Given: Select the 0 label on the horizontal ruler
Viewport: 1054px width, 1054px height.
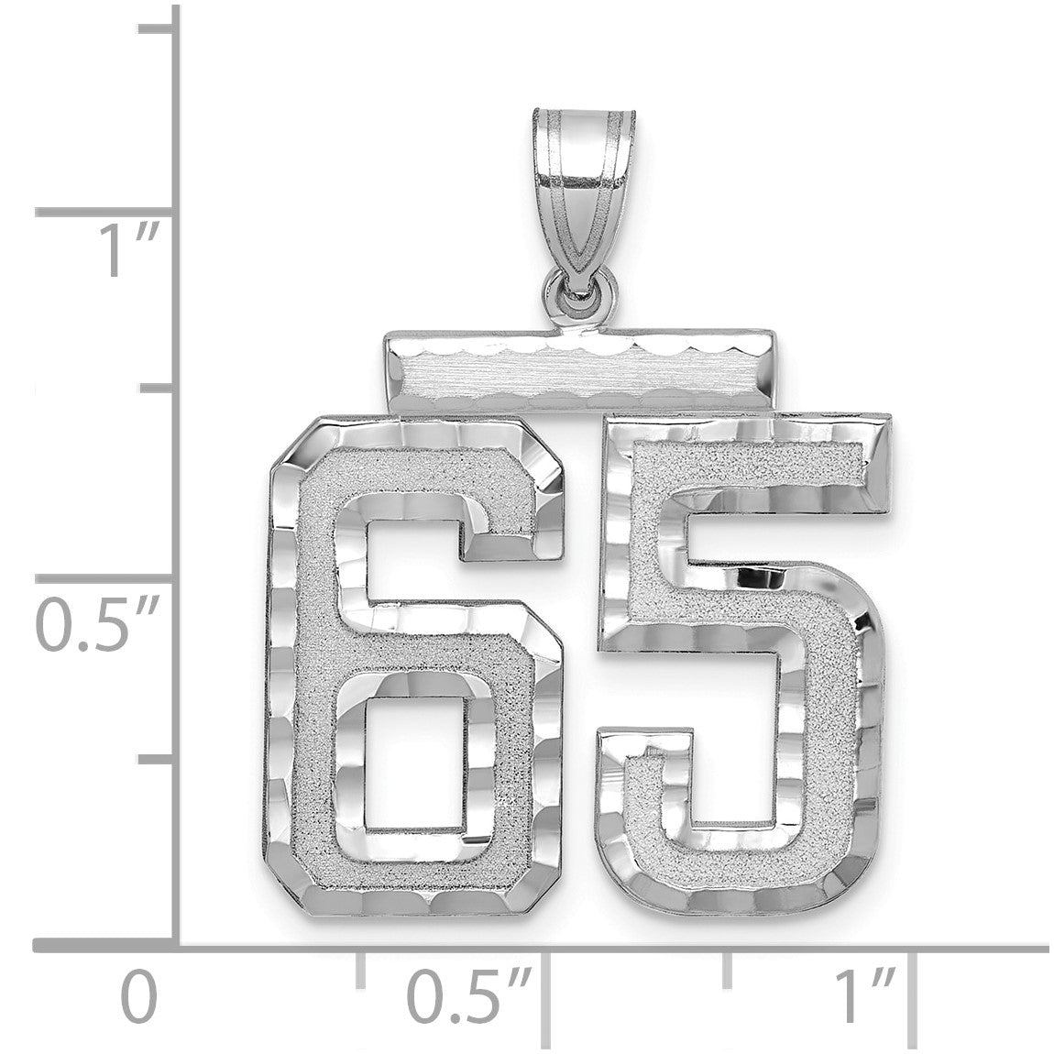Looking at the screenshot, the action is click(x=138, y=999).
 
